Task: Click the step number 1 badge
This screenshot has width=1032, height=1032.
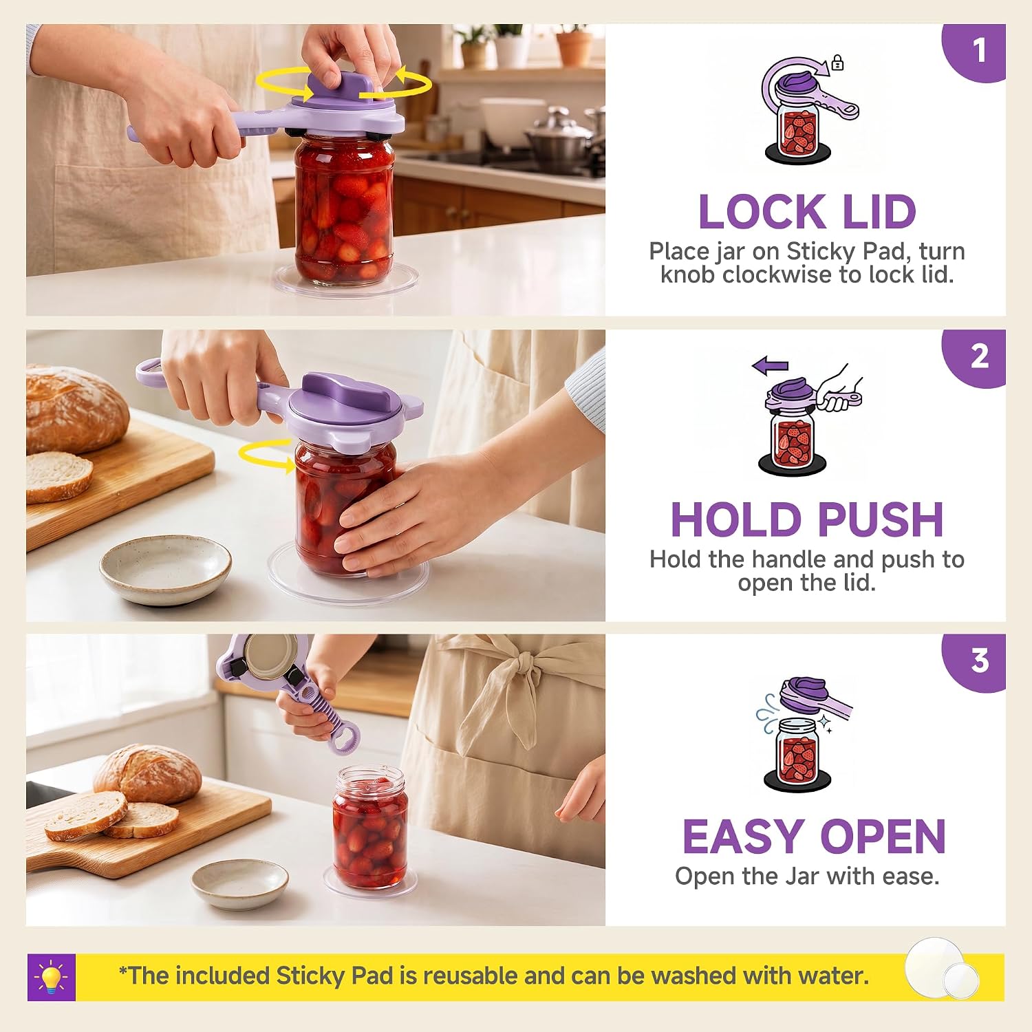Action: pyautogui.click(x=977, y=52)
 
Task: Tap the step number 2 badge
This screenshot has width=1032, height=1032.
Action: pyautogui.click(x=977, y=357)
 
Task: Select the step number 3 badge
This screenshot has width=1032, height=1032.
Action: pyautogui.click(x=977, y=661)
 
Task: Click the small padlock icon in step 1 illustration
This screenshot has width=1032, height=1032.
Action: pyautogui.click(x=837, y=63)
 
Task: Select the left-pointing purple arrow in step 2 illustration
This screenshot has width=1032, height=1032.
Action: pyautogui.click(x=770, y=366)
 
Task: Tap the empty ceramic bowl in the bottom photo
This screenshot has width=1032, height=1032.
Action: pyautogui.click(x=239, y=884)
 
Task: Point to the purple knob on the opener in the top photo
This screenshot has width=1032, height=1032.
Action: pyautogui.click(x=342, y=88)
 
